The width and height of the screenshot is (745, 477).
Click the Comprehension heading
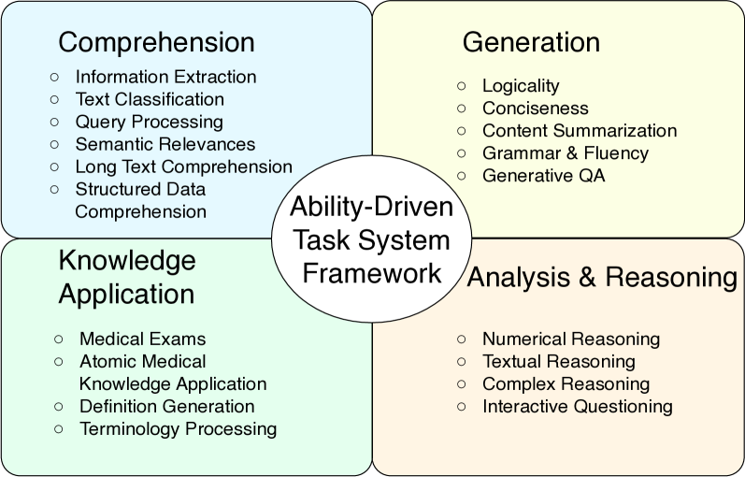tap(156, 42)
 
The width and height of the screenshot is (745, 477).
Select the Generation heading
tap(531, 42)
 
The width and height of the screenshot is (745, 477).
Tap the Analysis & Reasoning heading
tap(602, 277)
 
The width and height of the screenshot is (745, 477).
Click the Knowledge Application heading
tap(127, 277)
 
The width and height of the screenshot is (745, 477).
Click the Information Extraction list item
tap(165, 77)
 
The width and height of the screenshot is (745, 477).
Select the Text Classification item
tap(150, 99)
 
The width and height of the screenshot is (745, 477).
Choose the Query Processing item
tap(149, 122)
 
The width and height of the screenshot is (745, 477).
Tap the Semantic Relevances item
tap(165, 144)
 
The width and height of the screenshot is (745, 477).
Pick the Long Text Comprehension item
tap(183, 166)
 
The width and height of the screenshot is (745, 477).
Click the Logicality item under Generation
tap(521, 86)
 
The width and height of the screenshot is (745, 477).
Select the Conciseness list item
tap(535, 108)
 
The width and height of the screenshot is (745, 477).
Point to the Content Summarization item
tap(579, 131)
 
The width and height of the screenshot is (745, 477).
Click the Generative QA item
tap(543, 176)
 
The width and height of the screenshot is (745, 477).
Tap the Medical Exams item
tap(142, 339)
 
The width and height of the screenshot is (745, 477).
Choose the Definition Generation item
tap(166, 406)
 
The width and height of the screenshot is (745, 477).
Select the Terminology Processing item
tap(178, 428)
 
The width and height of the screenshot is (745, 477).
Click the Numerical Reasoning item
tap(571, 339)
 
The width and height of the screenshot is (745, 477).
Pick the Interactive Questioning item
tap(577, 406)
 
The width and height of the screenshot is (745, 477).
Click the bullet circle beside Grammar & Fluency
tap(462, 152)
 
